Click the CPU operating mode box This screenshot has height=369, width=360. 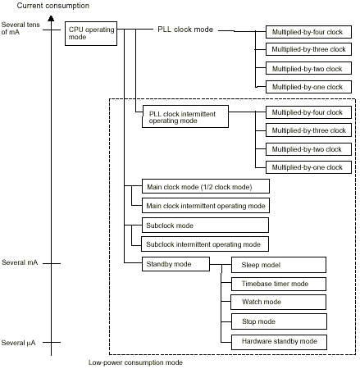(x=91, y=34)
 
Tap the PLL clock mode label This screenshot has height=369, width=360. (x=185, y=30)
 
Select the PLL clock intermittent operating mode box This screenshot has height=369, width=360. (x=185, y=116)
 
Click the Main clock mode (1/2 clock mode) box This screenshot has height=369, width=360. (x=206, y=186)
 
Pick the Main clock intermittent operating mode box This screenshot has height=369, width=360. (x=206, y=206)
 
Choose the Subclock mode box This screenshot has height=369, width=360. (x=205, y=225)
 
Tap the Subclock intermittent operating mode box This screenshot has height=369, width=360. (x=205, y=244)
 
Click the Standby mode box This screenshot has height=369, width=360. (x=175, y=264)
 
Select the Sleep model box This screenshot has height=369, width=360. (x=279, y=265)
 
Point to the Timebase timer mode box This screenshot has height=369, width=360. (x=279, y=284)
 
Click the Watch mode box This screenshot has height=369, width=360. (x=279, y=302)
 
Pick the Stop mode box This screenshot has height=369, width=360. (x=279, y=321)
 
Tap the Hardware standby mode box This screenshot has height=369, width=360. (x=279, y=342)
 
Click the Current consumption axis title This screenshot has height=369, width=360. (x=53, y=6)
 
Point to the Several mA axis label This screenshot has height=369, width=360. (x=20, y=262)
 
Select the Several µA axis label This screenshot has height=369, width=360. (x=18, y=343)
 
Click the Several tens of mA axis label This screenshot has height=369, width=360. (x=21, y=28)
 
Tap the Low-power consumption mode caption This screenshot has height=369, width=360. (x=135, y=362)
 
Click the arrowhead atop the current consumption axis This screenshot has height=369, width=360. (x=51, y=18)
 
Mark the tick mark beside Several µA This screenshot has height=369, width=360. (x=52, y=342)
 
